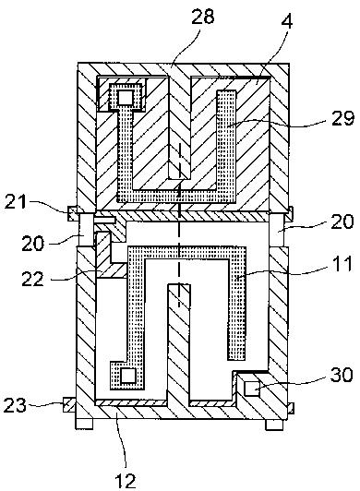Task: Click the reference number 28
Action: click(x=203, y=17)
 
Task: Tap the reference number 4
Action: click(x=287, y=20)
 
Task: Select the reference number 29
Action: click(x=342, y=118)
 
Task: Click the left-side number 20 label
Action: click(x=33, y=243)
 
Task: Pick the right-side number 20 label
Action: click(x=342, y=222)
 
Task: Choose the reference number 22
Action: click(x=33, y=278)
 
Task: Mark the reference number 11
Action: click(x=342, y=263)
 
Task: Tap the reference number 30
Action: click(x=342, y=374)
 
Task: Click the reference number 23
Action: click(x=15, y=404)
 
